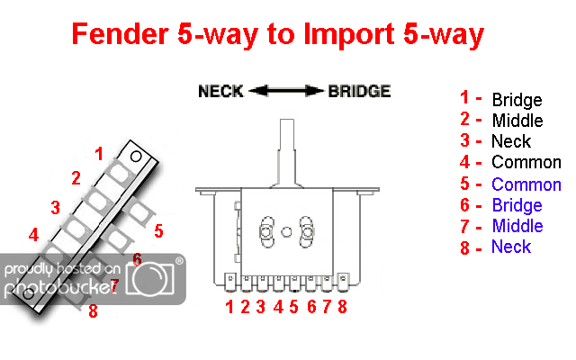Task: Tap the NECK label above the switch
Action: tap(220, 91)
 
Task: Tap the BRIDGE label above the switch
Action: tap(359, 91)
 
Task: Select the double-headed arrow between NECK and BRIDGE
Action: tap(287, 91)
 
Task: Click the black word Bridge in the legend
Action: tap(517, 100)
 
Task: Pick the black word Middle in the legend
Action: tap(517, 121)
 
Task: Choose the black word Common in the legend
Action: tap(526, 163)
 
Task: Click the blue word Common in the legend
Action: tap(526, 184)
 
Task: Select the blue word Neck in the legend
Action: tap(510, 247)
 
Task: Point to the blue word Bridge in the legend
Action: tap(517, 205)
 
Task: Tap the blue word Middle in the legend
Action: tap(517, 226)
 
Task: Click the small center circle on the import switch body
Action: tap(286, 231)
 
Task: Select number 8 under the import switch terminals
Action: tap(342, 307)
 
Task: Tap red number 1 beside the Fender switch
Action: tap(99, 153)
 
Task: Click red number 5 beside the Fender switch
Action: tap(158, 231)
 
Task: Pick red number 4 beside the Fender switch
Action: tap(33, 236)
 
